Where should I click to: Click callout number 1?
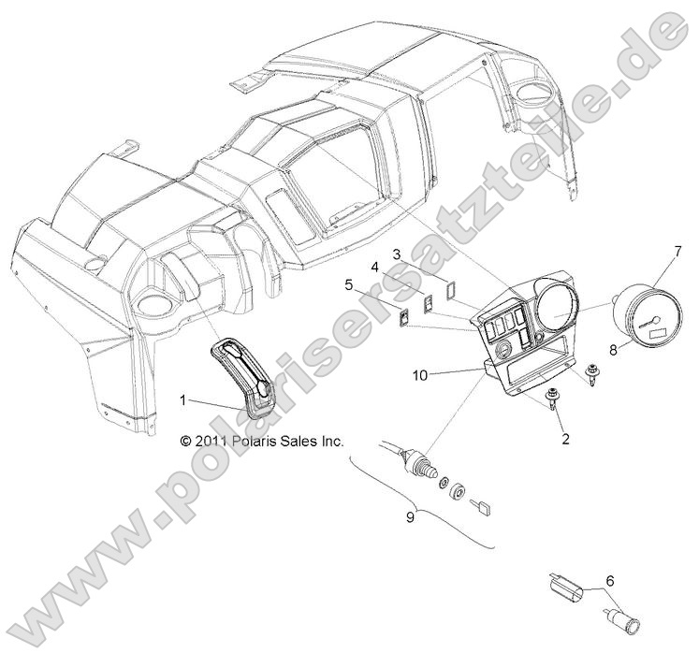coord(183,399)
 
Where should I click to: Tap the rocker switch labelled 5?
coord(404,319)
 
